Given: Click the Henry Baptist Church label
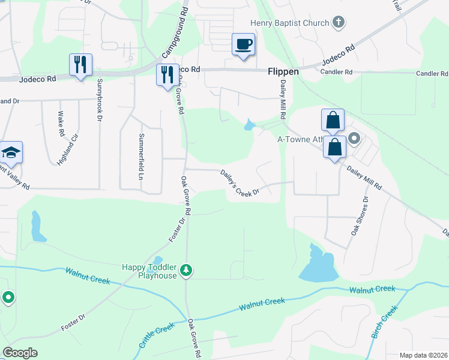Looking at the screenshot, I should [289, 23].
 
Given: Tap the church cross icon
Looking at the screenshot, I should [339, 23].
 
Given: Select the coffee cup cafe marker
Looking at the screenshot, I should [243, 45].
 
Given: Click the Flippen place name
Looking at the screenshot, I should [283, 71].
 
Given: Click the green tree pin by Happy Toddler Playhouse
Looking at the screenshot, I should [187, 271].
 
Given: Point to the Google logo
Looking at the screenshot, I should [20, 353].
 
